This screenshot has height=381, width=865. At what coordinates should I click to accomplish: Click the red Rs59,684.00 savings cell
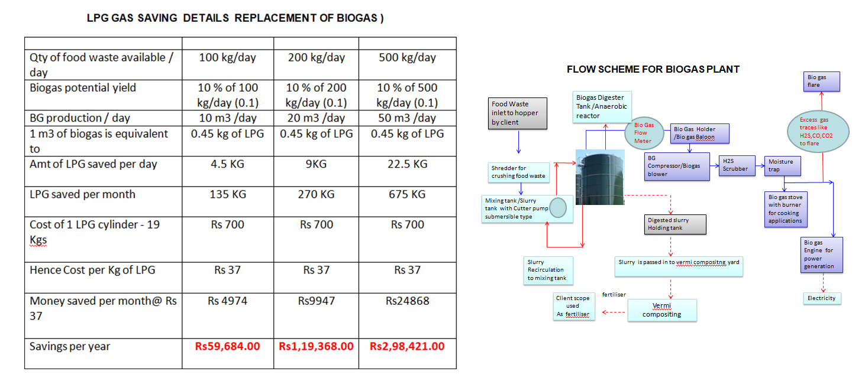(227, 346)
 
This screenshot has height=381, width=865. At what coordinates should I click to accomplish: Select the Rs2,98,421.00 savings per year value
(407, 346)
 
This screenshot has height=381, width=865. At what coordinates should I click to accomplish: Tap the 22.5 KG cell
(407, 164)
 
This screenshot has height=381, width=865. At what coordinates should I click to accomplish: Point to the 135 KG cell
(227, 194)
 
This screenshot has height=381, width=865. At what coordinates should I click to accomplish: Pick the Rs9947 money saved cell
(316, 301)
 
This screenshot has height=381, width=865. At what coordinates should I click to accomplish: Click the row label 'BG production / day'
(80, 118)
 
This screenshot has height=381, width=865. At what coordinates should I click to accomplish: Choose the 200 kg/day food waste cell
(316, 57)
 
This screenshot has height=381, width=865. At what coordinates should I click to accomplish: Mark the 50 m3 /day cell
(407, 118)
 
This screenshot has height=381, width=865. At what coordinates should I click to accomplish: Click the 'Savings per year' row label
(70, 346)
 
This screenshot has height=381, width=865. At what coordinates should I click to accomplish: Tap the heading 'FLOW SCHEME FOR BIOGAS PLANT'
(653, 69)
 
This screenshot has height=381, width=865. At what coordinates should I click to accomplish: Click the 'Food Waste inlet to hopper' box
(517, 113)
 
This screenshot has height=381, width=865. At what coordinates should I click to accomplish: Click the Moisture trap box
(782, 166)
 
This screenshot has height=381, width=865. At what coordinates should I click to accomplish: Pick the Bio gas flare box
(822, 82)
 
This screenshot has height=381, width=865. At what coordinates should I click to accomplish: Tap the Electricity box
(822, 298)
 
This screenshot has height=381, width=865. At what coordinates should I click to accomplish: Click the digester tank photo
(600, 177)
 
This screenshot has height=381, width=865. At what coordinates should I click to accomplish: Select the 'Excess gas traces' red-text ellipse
(821, 132)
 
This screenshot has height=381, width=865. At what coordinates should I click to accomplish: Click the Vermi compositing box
(661, 310)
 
